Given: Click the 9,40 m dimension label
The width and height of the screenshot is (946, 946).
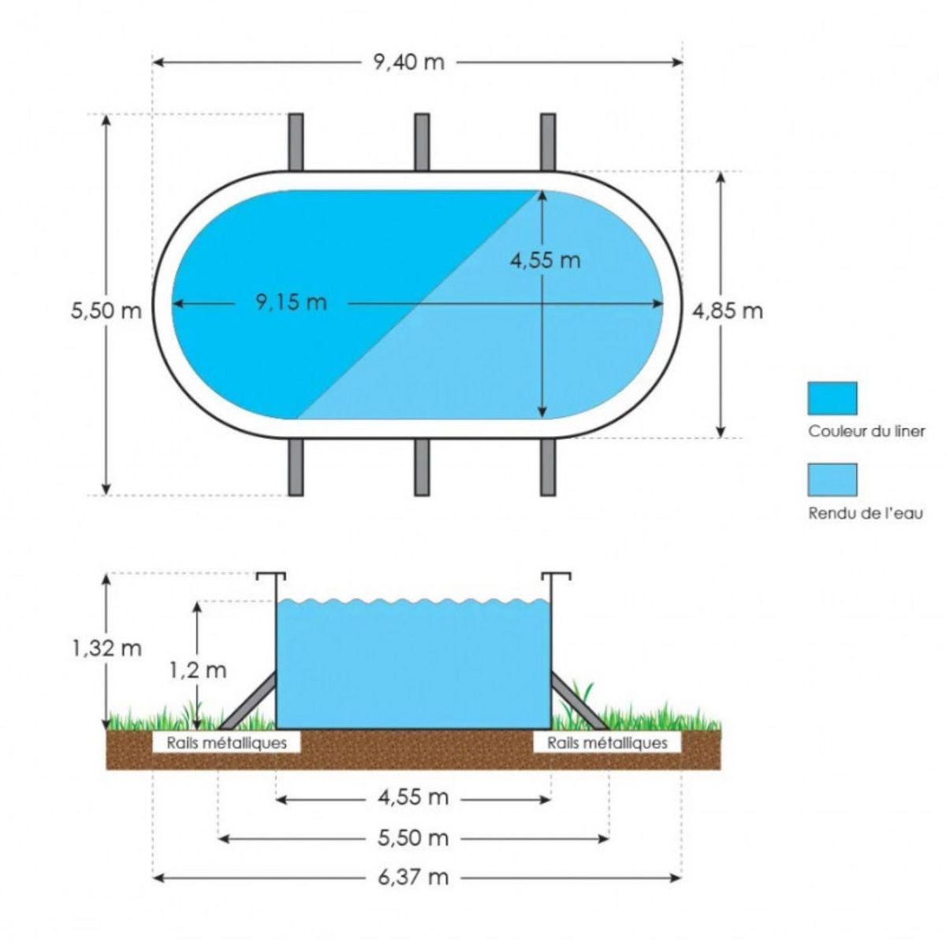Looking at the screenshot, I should (409, 62).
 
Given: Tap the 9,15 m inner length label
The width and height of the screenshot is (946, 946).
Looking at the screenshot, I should (291, 303).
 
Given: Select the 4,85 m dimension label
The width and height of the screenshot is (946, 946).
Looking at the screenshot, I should (728, 311).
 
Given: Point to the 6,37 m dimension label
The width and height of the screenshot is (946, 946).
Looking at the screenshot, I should (413, 877).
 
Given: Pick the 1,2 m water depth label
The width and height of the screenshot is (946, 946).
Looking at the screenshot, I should (198, 670).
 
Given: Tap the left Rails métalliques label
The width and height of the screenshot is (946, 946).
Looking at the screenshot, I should (226, 743).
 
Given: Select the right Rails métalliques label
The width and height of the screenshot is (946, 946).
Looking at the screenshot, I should (607, 743).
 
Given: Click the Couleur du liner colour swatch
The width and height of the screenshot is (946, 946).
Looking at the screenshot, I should (832, 398).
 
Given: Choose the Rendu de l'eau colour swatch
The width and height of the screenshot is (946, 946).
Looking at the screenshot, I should (832, 479).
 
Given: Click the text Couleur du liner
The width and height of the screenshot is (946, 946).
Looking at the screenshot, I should (866, 432).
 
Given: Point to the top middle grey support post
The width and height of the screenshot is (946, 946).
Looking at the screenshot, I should (422, 142).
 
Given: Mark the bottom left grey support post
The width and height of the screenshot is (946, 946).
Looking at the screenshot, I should (296, 467).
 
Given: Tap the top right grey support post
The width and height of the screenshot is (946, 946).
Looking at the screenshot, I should (548, 142).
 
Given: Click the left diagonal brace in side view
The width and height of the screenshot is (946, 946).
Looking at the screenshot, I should (248, 701).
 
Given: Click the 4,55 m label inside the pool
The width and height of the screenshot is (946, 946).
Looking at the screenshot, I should (546, 260).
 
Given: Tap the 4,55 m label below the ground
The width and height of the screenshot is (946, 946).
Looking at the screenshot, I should (413, 798).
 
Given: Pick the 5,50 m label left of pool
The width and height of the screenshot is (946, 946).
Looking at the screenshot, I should (106, 311).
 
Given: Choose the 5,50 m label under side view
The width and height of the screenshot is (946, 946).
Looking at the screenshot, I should (413, 838).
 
